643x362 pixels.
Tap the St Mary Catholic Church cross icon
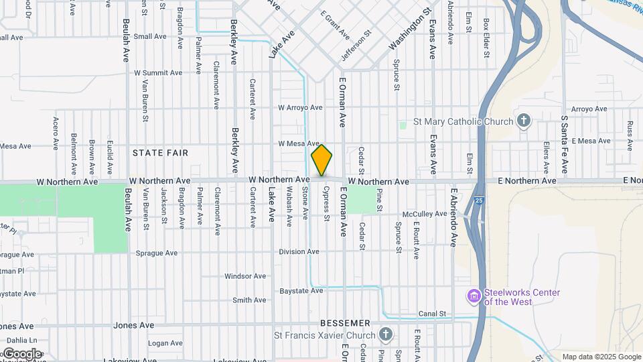point(524,121)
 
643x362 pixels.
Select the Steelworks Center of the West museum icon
point(474,295)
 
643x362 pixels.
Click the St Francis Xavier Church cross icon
point(385,335)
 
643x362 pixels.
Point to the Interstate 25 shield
point(477,200)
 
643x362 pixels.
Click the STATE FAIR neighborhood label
point(160,153)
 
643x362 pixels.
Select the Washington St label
point(409,31)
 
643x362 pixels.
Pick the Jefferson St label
point(356,45)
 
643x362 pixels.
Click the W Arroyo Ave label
point(301,107)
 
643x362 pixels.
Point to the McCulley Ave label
point(424,214)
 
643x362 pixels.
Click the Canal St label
point(432,314)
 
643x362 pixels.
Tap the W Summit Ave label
point(158,72)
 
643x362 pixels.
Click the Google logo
point(22,354)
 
